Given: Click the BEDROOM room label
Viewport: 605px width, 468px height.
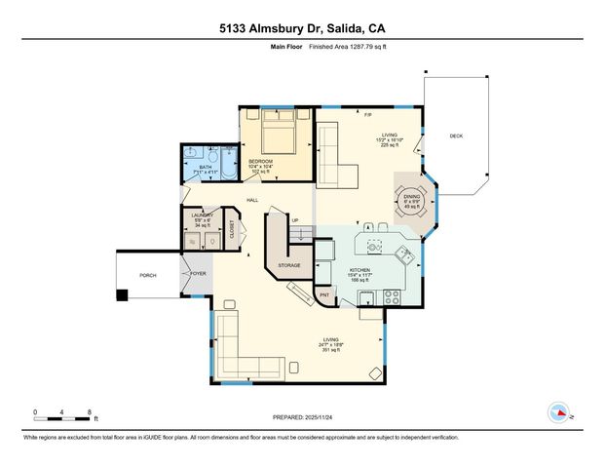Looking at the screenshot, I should pyautogui.click(x=260, y=161).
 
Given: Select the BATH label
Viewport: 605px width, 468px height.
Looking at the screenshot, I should pyautogui.click(x=205, y=167).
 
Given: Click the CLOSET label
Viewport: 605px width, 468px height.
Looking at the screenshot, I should pyautogui.click(x=232, y=230).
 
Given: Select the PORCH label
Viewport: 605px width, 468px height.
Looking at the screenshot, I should pyautogui.click(x=148, y=275).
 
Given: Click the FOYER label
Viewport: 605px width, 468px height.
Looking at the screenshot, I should pyautogui.click(x=197, y=275).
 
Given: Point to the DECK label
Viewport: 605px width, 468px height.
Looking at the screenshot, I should pyautogui.click(x=456, y=136).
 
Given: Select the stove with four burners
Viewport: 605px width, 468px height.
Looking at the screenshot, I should pyautogui.click(x=391, y=295).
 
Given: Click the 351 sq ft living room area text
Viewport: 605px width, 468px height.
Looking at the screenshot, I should pyautogui.click(x=330, y=350).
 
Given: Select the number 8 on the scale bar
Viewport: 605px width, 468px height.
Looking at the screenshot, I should pyautogui.click(x=90, y=411).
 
